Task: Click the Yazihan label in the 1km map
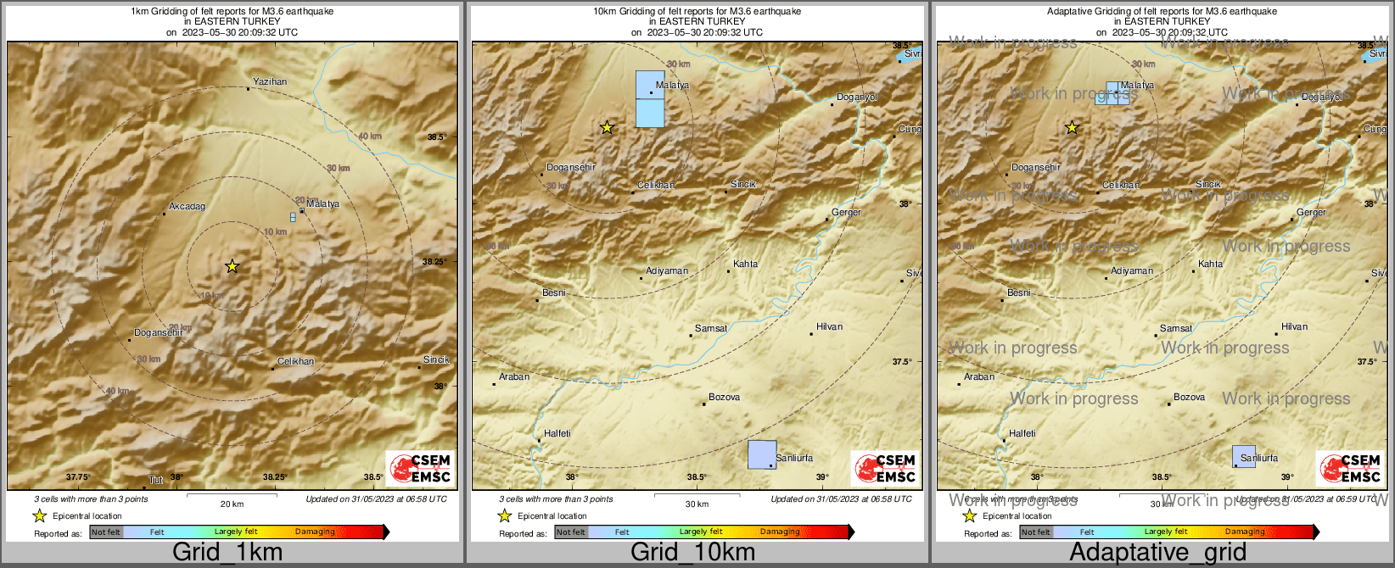[270, 82]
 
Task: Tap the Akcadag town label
[187, 206]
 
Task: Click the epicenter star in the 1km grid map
[232, 266]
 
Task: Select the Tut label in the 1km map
[156, 481]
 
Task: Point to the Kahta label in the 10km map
[745, 264]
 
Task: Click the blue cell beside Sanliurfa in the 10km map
[761, 454]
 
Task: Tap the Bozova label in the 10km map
[724, 397]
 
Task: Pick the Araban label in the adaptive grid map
[979, 376]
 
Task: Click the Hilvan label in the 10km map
[829, 326]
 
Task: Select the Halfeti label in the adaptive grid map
[1022, 433]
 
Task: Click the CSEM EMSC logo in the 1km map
[420, 468]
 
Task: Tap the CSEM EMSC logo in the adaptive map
[1350, 468]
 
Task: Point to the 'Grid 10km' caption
[692, 552]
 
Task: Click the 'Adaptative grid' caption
[1157, 552]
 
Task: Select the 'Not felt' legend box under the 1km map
[106, 532]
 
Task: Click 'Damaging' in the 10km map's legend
[780, 532]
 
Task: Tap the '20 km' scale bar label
[232, 504]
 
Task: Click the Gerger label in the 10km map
[846, 212]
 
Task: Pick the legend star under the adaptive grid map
[969, 515]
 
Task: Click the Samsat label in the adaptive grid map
[1175, 328]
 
